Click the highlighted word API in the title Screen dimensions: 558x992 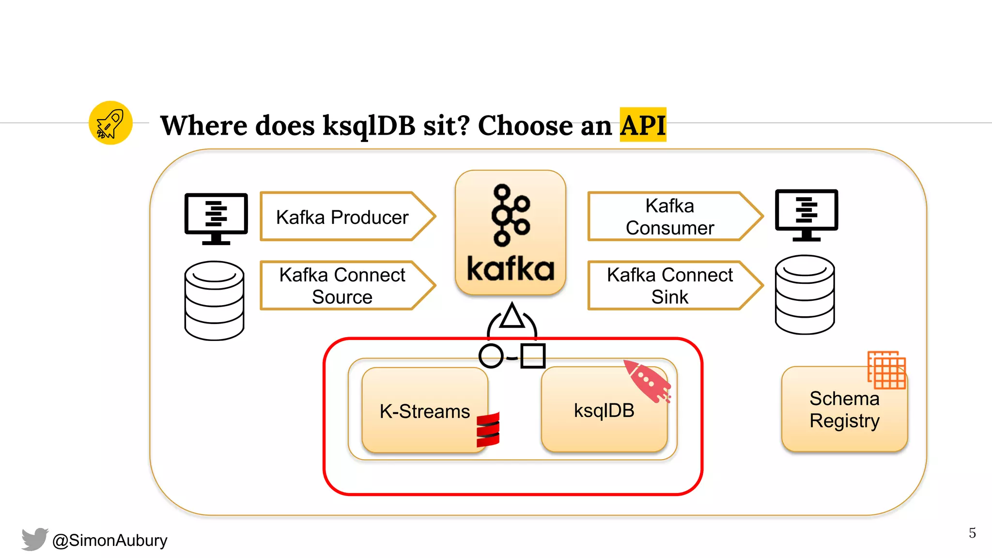click(x=643, y=125)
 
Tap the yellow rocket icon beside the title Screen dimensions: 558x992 click(x=110, y=123)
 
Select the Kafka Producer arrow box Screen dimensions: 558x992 click(x=342, y=217)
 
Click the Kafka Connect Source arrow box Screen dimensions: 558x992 click(x=342, y=286)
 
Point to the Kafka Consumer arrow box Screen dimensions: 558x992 click(x=670, y=217)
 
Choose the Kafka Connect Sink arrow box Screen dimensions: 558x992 click(x=670, y=286)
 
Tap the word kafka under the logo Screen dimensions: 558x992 click(x=511, y=269)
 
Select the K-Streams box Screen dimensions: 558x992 click(x=424, y=411)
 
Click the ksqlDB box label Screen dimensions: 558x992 click(x=604, y=411)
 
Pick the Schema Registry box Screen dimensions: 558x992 click(x=844, y=410)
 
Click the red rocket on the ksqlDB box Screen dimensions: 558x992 click(x=647, y=381)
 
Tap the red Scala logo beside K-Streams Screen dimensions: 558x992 click(x=488, y=430)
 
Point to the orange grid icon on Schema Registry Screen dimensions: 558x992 click(x=886, y=370)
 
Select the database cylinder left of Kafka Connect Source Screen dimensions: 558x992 click(x=214, y=300)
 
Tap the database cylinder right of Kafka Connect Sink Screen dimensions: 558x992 click(x=805, y=294)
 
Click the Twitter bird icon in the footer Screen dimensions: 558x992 click(x=34, y=539)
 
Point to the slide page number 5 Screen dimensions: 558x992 click(x=972, y=533)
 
